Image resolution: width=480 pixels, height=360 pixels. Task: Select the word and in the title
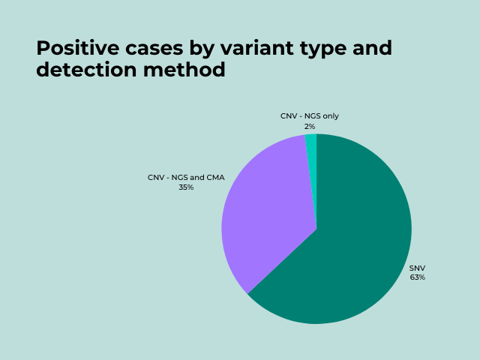click(370, 49)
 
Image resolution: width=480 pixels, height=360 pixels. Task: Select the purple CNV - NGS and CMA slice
click(262, 217)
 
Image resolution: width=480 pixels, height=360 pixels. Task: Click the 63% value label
click(417, 277)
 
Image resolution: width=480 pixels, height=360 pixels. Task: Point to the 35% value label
click(186, 187)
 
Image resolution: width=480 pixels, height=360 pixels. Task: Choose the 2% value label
click(310, 127)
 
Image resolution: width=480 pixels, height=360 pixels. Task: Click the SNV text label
click(417, 268)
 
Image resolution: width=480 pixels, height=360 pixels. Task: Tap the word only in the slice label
click(331, 116)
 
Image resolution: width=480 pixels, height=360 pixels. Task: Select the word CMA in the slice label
click(215, 178)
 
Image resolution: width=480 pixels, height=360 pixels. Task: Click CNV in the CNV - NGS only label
click(289, 116)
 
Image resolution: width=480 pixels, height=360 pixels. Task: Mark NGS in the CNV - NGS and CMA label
click(180, 178)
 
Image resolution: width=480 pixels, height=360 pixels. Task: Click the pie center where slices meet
click(316, 229)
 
